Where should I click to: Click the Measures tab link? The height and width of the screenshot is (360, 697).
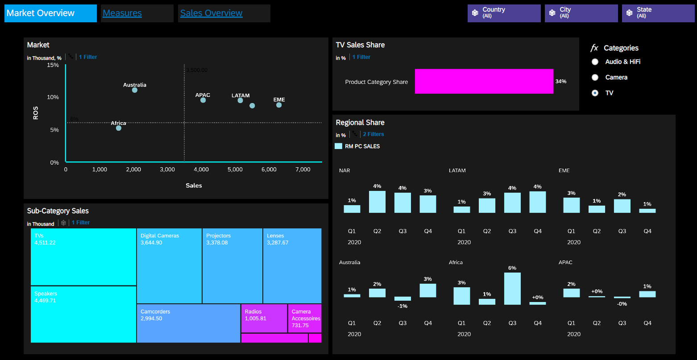click(x=122, y=13)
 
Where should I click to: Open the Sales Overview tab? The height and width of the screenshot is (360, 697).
click(x=211, y=13)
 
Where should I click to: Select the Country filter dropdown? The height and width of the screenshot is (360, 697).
click(x=504, y=13)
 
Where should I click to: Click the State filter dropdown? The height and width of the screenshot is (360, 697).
click(x=658, y=13)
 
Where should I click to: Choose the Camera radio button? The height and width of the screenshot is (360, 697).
click(x=595, y=78)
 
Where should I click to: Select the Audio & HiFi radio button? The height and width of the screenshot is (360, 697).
click(x=595, y=62)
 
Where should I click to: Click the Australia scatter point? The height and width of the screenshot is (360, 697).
click(x=135, y=90)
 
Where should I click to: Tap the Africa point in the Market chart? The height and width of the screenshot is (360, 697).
click(x=119, y=128)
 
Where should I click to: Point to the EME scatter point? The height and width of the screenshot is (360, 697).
click(x=279, y=105)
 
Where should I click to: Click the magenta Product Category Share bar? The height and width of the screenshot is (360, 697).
click(x=484, y=81)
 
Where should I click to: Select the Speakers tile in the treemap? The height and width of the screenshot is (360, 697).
click(x=83, y=314)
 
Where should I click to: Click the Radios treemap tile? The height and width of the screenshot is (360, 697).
click(x=264, y=318)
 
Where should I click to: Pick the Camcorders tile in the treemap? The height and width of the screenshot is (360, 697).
click(x=188, y=323)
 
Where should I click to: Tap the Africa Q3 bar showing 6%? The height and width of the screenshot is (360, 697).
click(x=512, y=288)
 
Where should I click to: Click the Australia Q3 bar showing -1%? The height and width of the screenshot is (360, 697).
click(x=402, y=298)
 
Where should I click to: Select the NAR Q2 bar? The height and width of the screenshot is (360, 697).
click(x=377, y=202)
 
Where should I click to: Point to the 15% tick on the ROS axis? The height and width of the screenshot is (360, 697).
click(x=54, y=65)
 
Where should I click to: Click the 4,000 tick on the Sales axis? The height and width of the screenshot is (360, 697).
click(x=201, y=170)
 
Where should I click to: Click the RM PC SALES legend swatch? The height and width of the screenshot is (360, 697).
click(x=338, y=146)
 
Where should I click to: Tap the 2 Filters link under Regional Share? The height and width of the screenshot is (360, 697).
click(x=373, y=134)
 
